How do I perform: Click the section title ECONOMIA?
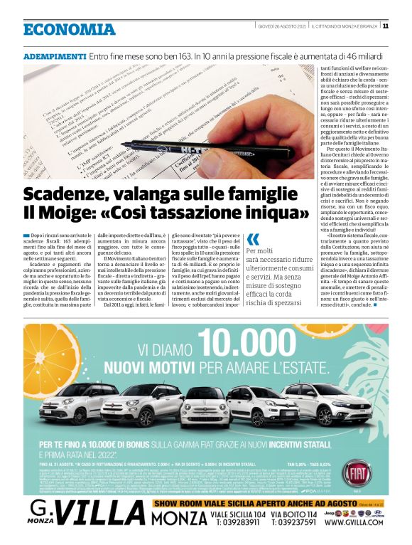tap(69, 29)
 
